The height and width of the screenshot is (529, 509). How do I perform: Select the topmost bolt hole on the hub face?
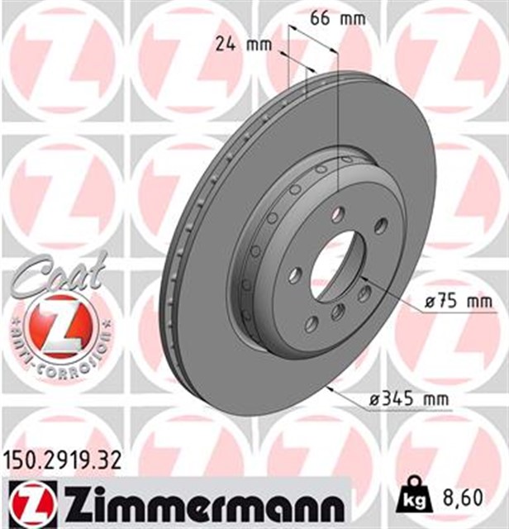[338, 215]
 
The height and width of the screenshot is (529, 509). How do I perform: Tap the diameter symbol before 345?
[375, 401]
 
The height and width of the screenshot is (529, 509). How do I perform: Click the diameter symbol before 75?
[429, 303]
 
